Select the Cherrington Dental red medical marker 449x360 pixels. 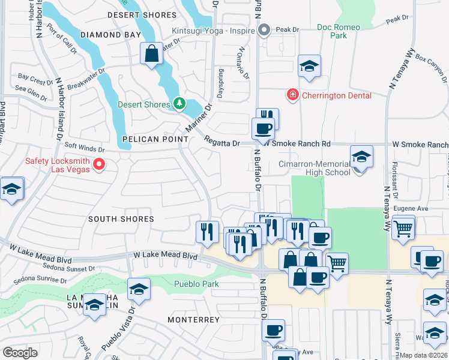pos(292,95)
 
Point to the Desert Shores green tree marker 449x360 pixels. pos(178,104)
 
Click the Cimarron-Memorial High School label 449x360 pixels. pos(315,168)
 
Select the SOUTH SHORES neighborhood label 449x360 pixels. pos(121,220)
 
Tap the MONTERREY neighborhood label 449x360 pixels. pos(193,320)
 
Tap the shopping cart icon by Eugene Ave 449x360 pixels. pos(403,228)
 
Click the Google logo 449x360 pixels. pos(20,353)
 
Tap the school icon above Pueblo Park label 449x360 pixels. pos(139,291)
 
